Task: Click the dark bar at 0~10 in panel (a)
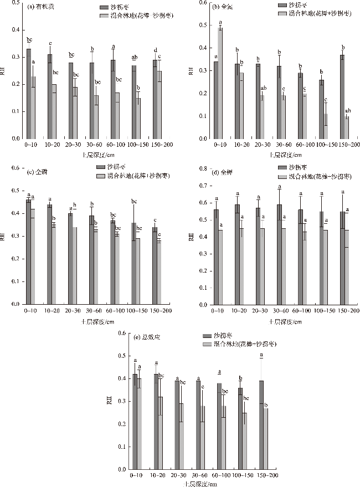pyautogui.click(x=29, y=94)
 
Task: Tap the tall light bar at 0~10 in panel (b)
pyautogui.click(x=220, y=83)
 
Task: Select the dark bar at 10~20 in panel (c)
pyautogui.click(x=49, y=254)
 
